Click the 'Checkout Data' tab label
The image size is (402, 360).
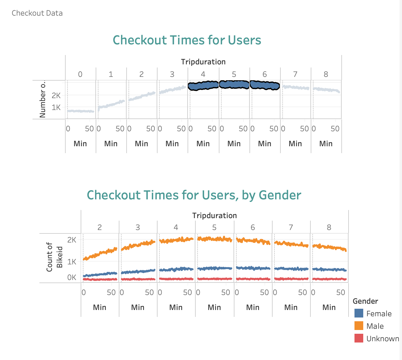(x=37, y=13)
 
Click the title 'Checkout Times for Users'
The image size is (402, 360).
(x=187, y=40)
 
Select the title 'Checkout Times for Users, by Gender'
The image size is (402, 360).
(x=194, y=195)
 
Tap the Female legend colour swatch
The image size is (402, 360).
(x=359, y=313)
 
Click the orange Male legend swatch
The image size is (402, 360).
(x=359, y=326)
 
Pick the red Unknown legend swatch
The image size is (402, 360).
(x=359, y=338)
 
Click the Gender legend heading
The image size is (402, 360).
(x=365, y=301)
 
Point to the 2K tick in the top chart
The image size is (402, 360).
(x=56, y=96)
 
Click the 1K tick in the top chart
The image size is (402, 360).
(x=56, y=107)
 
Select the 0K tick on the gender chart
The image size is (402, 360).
(x=72, y=277)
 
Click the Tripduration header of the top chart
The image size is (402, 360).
(x=203, y=62)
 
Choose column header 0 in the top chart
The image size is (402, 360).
(x=80, y=74)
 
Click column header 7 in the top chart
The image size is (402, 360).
(x=295, y=74)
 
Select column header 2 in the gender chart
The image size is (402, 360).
(x=99, y=227)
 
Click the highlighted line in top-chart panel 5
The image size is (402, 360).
(x=234, y=84)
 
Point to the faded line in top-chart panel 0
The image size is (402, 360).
(x=80, y=111)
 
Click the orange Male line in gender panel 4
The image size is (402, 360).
(x=176, y=240)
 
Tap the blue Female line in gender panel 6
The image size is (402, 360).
(x=253, y=268)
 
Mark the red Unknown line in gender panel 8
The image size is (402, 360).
(x=329, y=279)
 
